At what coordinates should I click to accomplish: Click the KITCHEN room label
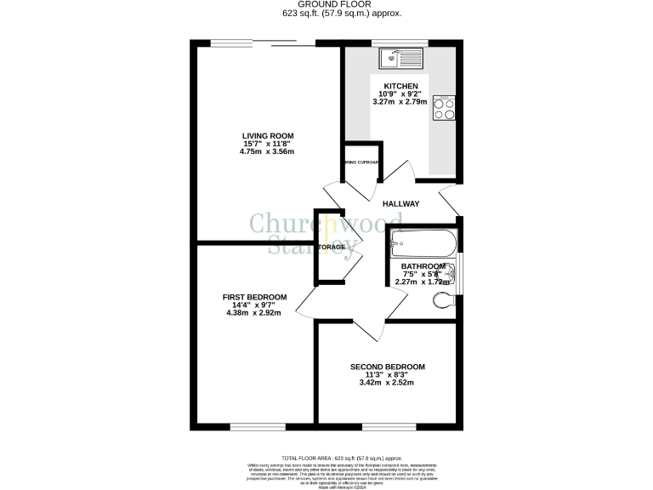[400, 87]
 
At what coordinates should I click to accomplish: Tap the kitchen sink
[401, 58]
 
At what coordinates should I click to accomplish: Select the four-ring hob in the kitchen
[444, 108]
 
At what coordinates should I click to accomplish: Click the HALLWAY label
[400, 204]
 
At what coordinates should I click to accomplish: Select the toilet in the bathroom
[446, 299]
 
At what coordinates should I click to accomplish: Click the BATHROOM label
[423, 266]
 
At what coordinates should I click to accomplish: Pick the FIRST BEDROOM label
[254, 297]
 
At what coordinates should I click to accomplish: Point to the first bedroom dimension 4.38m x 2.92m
[254, 312]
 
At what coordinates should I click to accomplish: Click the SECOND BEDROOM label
[388, 367]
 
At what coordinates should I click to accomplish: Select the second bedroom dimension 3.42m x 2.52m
[388, 382]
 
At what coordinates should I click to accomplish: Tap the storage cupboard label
[332, 248]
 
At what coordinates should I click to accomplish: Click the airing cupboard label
[361, 162]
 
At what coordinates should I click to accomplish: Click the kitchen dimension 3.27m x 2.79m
[400, 102]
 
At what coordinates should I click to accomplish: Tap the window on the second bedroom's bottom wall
[389, 425]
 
